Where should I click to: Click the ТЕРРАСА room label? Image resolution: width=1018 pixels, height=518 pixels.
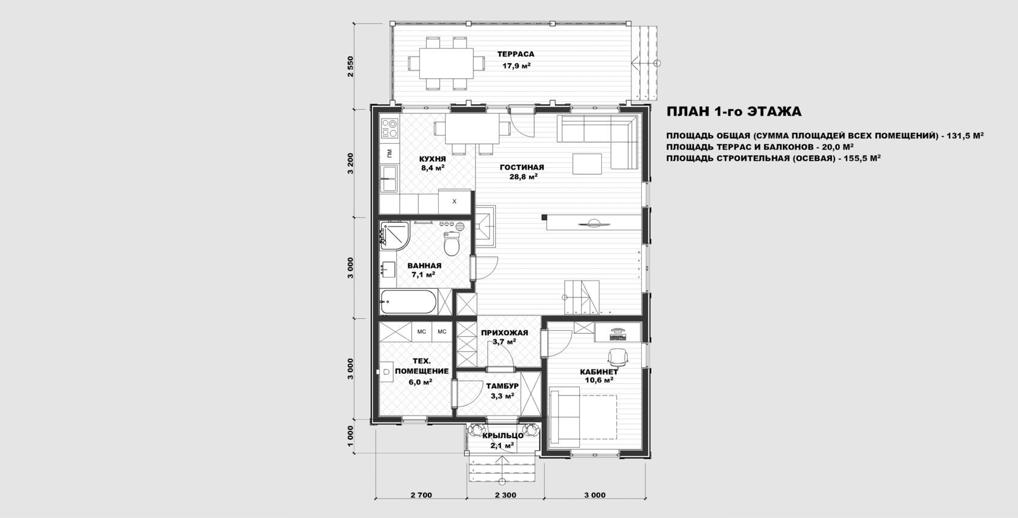515,54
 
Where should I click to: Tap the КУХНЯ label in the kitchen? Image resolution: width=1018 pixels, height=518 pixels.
432,159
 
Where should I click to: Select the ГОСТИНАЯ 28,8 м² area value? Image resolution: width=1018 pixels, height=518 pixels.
523,177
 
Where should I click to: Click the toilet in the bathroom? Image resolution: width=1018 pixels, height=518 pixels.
451,244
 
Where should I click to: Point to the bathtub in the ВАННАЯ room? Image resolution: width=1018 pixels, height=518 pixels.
408,301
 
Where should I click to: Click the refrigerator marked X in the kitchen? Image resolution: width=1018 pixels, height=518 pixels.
454,201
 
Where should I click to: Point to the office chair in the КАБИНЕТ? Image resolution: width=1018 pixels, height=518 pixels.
618,357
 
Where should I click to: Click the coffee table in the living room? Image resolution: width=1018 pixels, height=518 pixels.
587,164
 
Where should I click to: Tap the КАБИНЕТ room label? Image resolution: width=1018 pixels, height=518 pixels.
599,372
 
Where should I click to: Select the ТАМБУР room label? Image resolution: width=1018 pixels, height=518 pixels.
502,387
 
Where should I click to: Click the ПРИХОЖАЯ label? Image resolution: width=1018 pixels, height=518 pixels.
504,333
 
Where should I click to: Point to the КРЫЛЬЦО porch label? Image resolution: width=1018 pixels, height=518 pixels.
503,436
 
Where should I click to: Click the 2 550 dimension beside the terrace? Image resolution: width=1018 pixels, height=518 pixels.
350,67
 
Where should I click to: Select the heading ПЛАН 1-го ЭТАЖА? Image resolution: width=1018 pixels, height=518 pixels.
734,111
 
